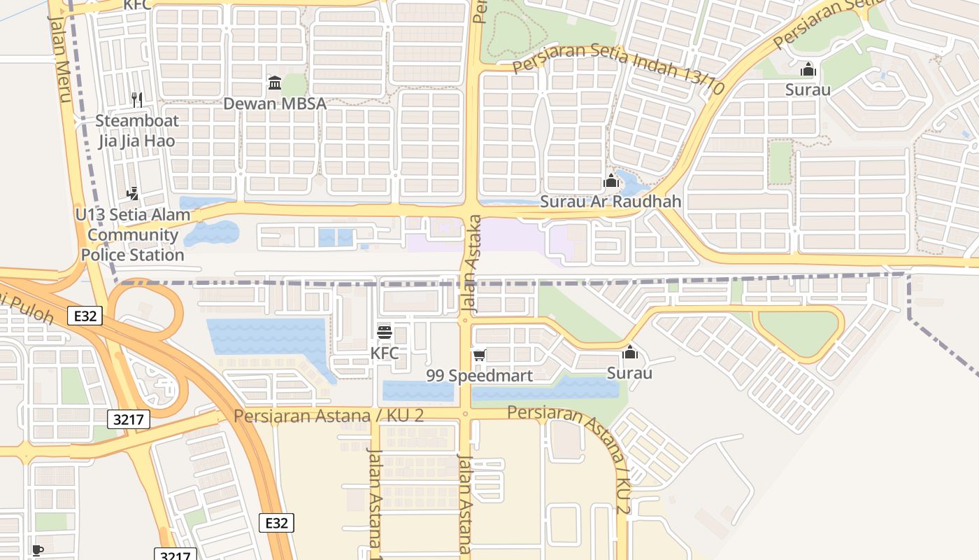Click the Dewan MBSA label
[275, 104]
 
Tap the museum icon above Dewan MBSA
[275, 83]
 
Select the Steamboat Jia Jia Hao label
[136, 131]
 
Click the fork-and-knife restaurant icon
[137, 100]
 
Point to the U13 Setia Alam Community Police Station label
[133, 234]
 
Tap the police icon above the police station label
[132, 193]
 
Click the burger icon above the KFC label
[385, 332]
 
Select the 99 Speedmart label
[480, 375]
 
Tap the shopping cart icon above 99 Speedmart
[479, 356]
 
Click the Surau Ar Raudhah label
[610, 202]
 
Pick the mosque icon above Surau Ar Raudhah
[611, 181]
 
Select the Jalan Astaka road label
[471, 262]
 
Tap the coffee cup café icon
[38, 550]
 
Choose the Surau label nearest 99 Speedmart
[629, 372]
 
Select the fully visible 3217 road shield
[129, 419]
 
